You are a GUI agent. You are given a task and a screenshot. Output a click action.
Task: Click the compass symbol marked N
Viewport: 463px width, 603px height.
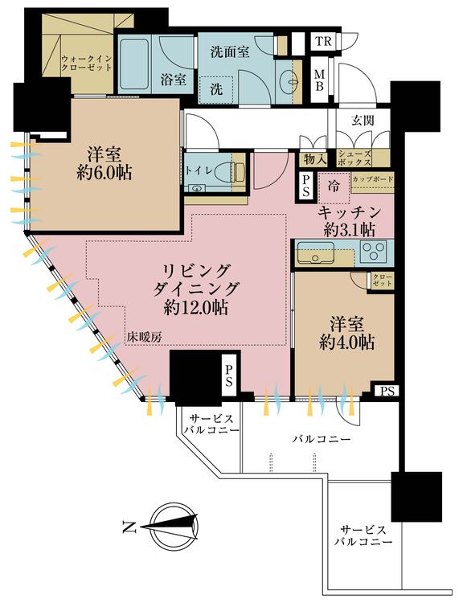coord(166,527)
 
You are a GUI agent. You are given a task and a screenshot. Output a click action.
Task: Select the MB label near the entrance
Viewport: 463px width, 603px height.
coord(319,78)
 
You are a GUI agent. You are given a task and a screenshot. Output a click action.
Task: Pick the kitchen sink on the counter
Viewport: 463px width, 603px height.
coord(312,256)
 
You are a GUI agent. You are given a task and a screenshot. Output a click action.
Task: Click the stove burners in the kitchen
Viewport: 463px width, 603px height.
coord(373,253)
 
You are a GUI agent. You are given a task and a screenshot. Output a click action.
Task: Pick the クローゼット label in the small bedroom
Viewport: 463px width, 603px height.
coord(380,280)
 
